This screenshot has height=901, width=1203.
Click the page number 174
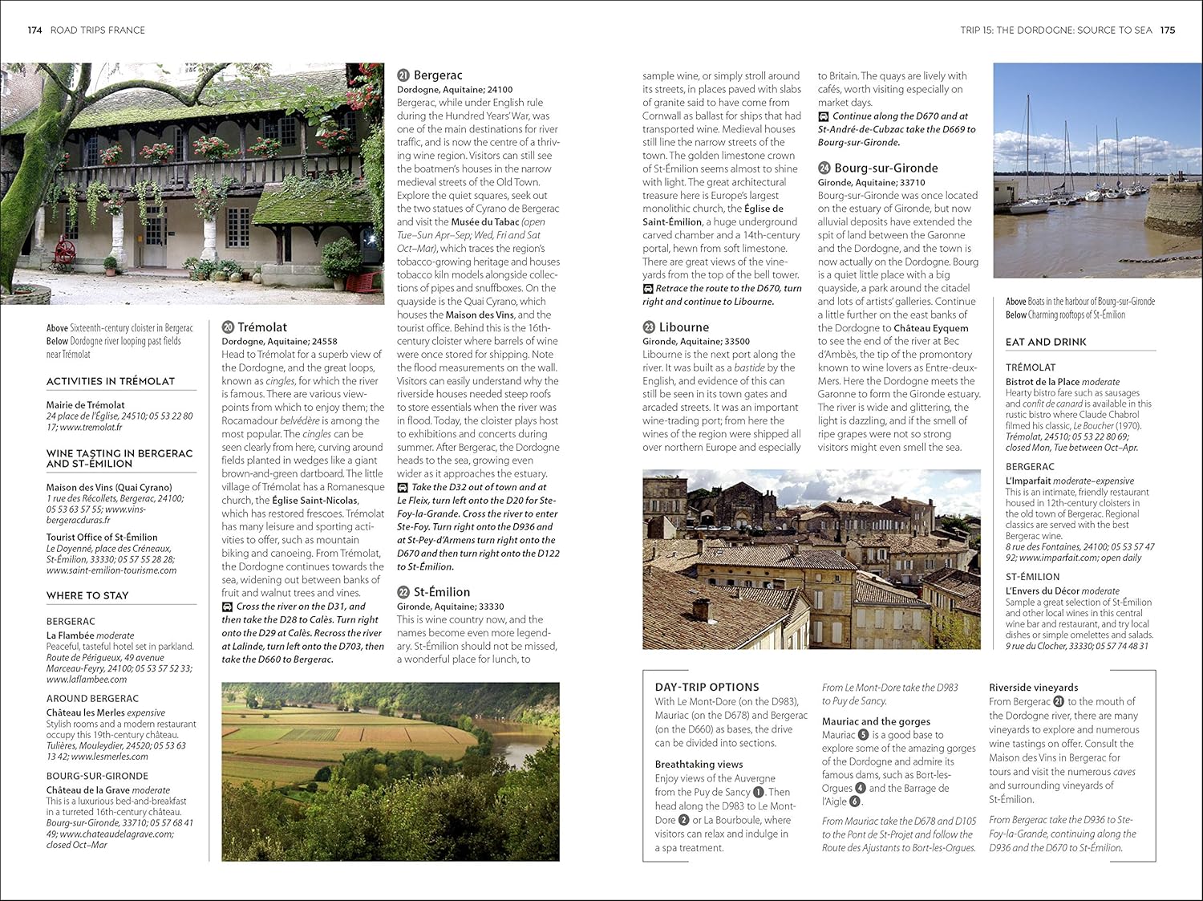pos(34,30)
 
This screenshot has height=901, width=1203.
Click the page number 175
pos(1167,30)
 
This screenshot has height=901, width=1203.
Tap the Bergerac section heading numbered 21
pos(437,75)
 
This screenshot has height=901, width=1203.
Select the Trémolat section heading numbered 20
pos(261,327)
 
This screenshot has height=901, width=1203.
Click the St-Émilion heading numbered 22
pos(441,592)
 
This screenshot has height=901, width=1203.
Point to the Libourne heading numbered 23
pos(683,327)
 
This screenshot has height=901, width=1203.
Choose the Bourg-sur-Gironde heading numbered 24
pos(885,168)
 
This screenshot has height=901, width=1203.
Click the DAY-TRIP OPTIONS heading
pos(707,688)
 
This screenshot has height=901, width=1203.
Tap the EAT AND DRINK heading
pos(1046,342)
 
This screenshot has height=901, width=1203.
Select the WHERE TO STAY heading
pos(87,595)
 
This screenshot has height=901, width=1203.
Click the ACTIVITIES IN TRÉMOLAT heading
pos(111,381)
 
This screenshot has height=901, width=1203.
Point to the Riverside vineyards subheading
pos(1033,688)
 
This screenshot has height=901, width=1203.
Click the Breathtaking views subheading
pos(699,765)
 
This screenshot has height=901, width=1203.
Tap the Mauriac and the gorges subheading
pos(876,721)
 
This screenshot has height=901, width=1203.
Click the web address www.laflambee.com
pos(87,680)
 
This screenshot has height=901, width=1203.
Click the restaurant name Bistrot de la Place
pos(1042,382)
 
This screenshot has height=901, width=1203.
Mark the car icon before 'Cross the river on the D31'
pos(228,607)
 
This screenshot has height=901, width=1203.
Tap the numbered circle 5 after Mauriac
pos(863,735)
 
